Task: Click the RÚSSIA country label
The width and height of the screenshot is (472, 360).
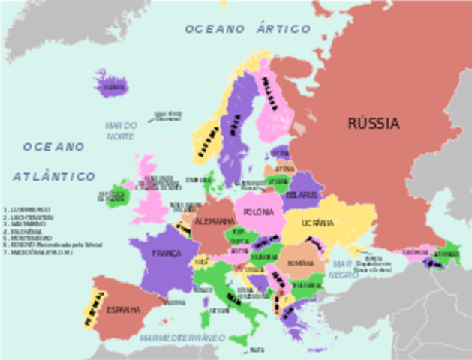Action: click(x=373, y=124)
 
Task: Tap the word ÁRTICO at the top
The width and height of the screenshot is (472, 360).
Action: click(x=281, y=29)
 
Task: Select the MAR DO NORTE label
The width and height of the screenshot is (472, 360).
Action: click(x=121, y=131)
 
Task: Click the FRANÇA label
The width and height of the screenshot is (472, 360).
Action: click(x=167, y=253)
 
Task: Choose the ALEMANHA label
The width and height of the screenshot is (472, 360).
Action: click(x=214, y=222)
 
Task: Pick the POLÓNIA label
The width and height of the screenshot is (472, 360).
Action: click(x=258, y=213)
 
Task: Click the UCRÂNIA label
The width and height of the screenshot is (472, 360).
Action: click(x=318, y=223)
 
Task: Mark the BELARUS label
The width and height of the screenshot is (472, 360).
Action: click(x=302, y=195)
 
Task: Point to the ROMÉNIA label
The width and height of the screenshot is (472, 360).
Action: click(x=300, y=263)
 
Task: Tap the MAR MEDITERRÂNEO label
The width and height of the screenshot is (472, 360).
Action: click(x=182, y=338)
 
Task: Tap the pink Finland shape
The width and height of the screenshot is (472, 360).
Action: click(x=272, y=105)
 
